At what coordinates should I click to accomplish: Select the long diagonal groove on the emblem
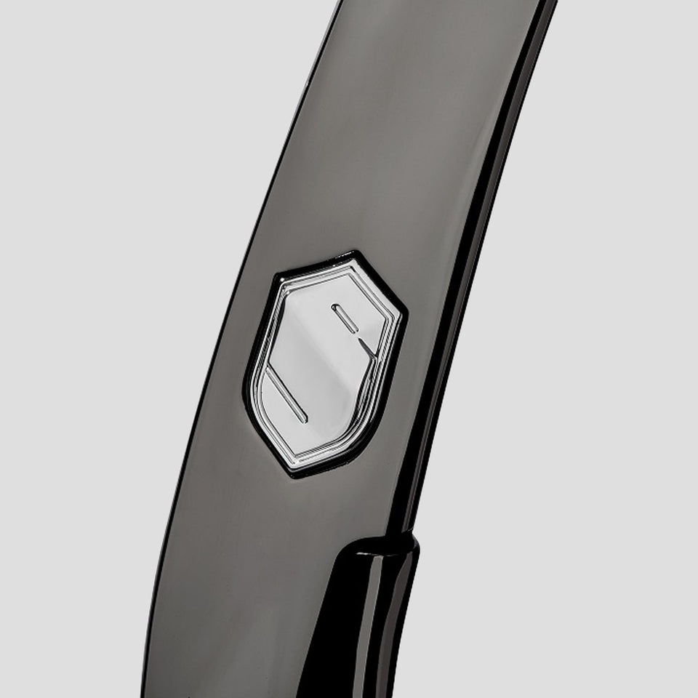(285, 395)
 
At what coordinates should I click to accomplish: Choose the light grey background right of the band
(596, 364)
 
